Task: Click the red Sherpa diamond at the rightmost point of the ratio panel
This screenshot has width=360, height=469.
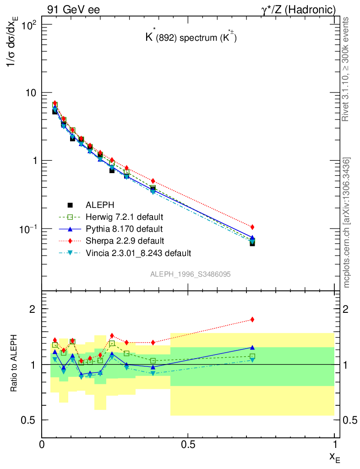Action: tap(252, 320)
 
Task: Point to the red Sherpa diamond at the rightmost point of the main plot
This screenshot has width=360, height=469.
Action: tap(252, 227)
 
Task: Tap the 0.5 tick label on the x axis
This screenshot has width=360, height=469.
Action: tap(188, 445)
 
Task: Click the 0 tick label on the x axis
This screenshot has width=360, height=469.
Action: tap(42, 445)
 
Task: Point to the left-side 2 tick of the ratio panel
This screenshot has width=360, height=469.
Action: tap(33, 309)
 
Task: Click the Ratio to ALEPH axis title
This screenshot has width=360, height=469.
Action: tap(15, 364)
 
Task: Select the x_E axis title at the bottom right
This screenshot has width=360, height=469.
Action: tap(334, 457)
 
